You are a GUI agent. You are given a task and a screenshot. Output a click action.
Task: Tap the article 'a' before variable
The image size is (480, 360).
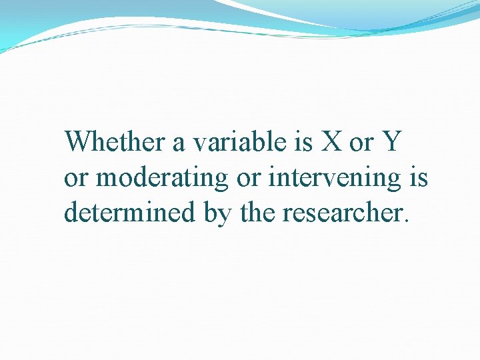[x=179, y=143]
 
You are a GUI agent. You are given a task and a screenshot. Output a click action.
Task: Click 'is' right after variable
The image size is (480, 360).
[x=298, y=141]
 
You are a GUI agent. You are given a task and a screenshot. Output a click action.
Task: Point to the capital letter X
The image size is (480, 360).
[x=329, y=141]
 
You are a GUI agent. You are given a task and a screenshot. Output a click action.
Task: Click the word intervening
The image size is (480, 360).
[x=337, y=178]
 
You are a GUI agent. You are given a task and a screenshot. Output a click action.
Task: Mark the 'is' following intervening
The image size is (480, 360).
[x=419, y=177]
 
